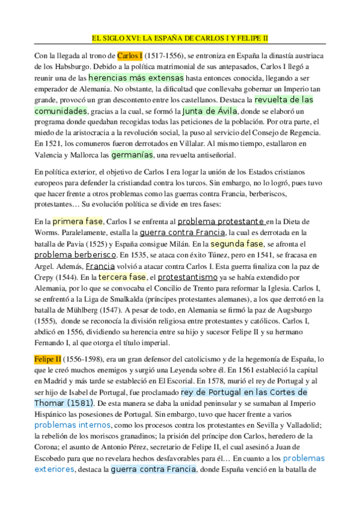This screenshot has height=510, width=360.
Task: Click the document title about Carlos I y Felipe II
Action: [180, 37]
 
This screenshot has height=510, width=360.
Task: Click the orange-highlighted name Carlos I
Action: [130, 56]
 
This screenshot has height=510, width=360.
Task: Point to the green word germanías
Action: [132, 155]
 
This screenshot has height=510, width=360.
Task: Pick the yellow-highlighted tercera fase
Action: [122, 277]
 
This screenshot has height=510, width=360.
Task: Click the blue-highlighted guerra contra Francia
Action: [153, 469]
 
